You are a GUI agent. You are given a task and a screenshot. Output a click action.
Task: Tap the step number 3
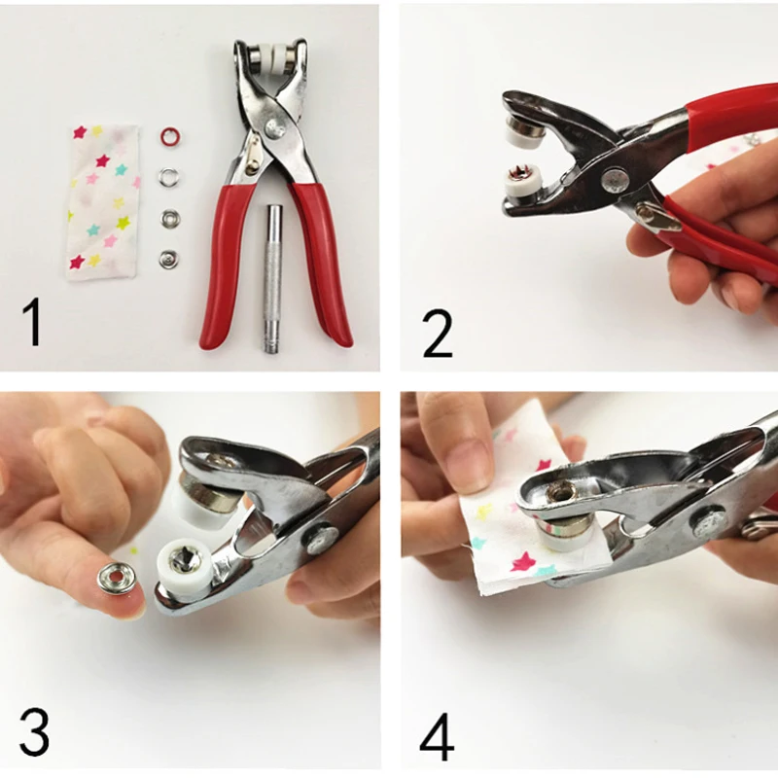coord(35,732)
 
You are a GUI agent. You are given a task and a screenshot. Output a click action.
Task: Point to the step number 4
coord(437,737)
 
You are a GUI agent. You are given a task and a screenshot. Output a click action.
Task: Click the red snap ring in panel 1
coord(169,135)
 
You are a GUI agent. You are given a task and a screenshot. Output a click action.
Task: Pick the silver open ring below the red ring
coord(168,176)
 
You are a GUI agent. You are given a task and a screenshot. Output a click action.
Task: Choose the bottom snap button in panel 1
coord(168,259)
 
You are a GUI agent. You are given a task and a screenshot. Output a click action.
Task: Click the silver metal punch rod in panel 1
coord(272,278)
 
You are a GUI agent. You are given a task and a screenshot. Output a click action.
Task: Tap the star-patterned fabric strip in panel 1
coord(103,202)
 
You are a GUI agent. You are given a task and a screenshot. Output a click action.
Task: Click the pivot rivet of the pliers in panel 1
coord(273,128)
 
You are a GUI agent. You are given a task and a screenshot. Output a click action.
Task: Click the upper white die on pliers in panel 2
coord(518,130)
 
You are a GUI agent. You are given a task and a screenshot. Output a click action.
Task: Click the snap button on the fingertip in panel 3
coord(118,578)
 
